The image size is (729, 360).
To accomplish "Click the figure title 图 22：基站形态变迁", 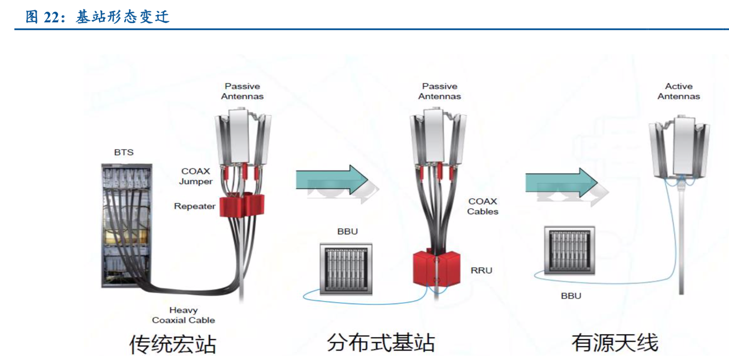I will [x=97, y=17].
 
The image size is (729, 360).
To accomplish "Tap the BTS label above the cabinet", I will [x=124, y=152].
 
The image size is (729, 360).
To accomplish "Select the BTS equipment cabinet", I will [x=127, y=226].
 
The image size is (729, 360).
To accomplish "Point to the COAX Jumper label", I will [x=196, y=176].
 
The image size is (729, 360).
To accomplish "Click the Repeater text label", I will [x=194, y=206].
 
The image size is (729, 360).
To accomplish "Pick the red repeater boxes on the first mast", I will [x=242, y=205].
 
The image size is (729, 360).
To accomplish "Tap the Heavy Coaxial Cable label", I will [x=183, y=315].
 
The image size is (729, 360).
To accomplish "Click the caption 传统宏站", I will [x=173, y=344].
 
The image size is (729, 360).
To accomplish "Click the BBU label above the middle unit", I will [x=347, y=231].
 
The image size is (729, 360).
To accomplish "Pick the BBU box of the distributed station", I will [x=346, y=269].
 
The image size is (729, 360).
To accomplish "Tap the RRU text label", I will [x=481, y=271].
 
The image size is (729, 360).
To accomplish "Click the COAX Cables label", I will [x=483, y=206].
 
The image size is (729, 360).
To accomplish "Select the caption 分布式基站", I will [x=381, y=343].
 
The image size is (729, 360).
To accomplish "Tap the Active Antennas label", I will [x=679, y=91].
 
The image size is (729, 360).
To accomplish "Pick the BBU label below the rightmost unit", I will [x=571, y=296].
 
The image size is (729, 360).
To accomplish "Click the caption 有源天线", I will [x=615, y=343].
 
